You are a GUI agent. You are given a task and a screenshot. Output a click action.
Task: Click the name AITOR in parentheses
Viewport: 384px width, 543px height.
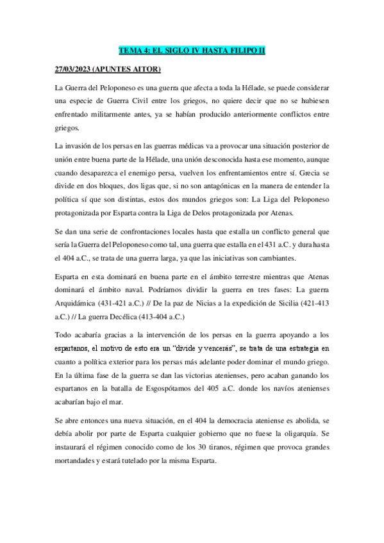pos(147,68)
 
